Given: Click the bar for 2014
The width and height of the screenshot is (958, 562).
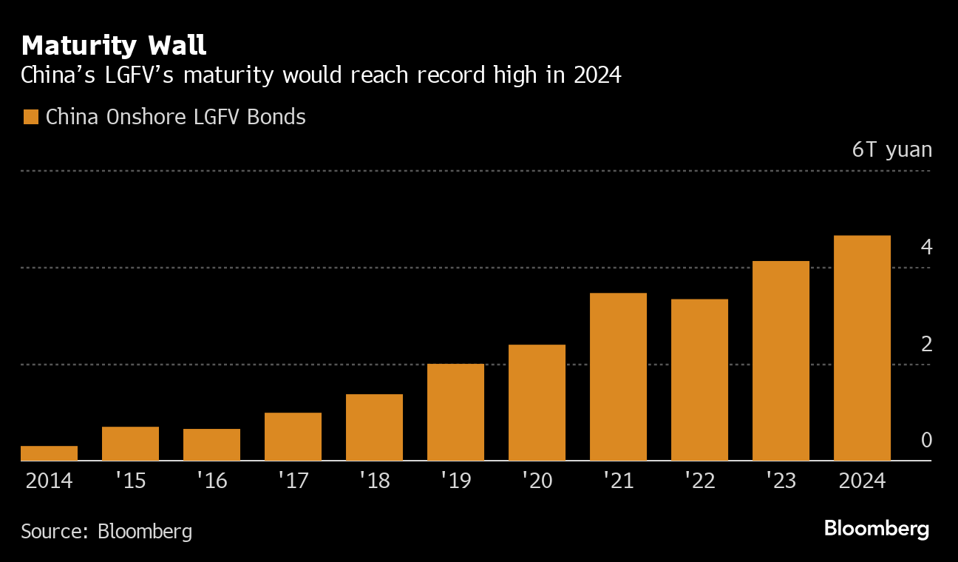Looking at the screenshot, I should (49, 453).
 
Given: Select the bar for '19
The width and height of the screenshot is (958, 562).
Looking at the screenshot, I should (455, 413).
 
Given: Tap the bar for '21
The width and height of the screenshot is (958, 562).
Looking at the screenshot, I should (618, 377).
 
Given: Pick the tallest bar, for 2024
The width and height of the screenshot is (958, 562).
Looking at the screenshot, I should (862, 348).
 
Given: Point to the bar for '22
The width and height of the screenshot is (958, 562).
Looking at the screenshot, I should (699, 380).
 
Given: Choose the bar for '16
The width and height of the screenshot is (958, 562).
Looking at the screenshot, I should (211, 444).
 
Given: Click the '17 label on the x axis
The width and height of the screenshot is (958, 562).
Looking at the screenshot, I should (293, 481).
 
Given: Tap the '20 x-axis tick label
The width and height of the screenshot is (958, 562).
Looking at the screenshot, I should (537, 481).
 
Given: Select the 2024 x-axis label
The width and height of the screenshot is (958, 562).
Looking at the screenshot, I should (862, 481).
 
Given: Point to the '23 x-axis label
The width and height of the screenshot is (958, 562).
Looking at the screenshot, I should (781, 481).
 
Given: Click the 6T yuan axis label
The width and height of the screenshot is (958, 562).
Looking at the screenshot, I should (891, 150).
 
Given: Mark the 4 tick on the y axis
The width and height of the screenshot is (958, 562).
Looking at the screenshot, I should (926, 247).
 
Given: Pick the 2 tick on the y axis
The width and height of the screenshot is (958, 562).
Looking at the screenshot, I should (926, 344).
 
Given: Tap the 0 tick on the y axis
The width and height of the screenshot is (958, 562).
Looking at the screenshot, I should (926, 440).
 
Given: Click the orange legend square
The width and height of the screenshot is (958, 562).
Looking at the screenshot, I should (30, 117).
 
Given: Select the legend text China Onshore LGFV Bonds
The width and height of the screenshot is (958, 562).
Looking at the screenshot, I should (175, 117).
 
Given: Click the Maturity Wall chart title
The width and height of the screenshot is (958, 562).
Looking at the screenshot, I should (114, 46).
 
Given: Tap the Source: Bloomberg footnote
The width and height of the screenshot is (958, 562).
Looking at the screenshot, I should (106, 531).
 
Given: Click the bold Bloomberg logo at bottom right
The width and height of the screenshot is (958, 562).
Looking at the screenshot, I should (876, 529).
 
